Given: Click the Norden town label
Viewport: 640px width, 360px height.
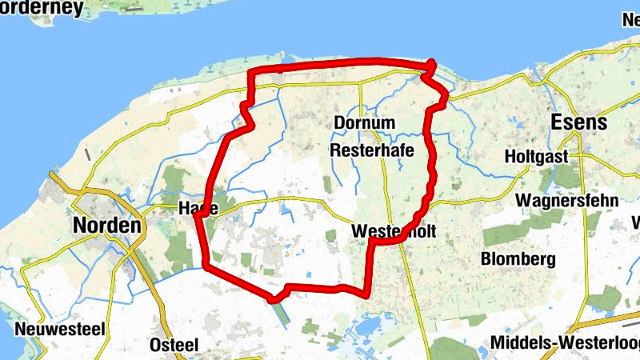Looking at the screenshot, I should [x=107, y=226].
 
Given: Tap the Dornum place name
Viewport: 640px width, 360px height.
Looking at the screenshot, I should [x=365, y=123].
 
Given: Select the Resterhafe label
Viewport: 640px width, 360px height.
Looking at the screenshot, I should [x=369, y=150].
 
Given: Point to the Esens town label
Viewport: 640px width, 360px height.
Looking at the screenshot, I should [x=579, y=123].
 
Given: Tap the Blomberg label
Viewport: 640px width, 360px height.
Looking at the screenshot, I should [x=518, y=259].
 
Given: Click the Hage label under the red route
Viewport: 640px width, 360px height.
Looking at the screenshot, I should [x=197, y=208].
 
